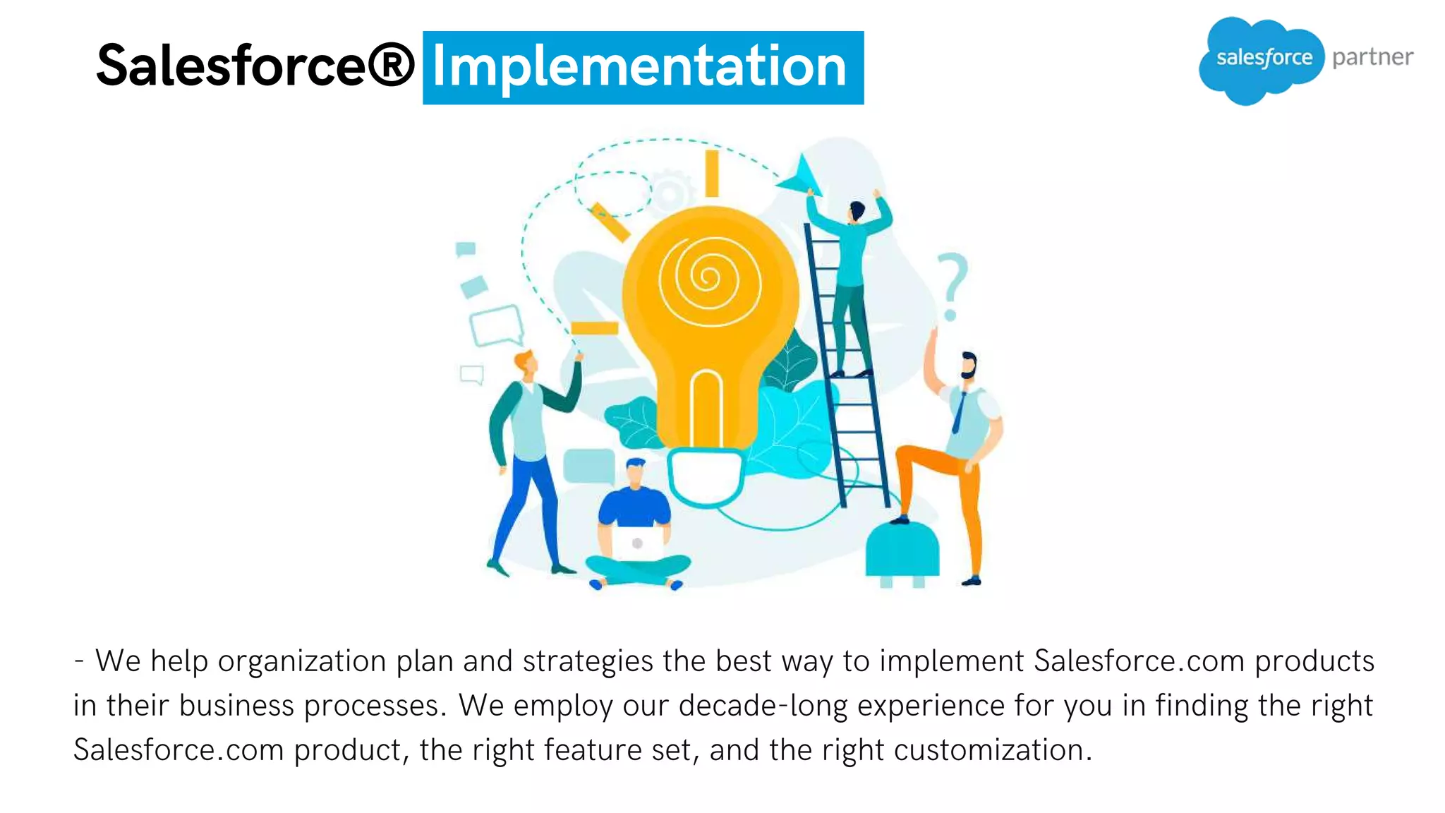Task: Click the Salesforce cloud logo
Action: pos(1262,59)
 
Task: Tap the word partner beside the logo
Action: pos(1372,57)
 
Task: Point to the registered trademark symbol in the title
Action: pos(390,66)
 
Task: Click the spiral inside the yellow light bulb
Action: pos(708,277)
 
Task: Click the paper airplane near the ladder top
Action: pos(800,176)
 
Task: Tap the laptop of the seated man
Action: pos(636,543)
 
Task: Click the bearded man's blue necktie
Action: pos(960,413)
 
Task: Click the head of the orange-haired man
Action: pos(526,363)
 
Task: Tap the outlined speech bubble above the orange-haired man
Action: pos(496,325)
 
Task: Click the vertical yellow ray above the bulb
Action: pos(712,173)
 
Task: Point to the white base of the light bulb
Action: pos(706,476)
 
